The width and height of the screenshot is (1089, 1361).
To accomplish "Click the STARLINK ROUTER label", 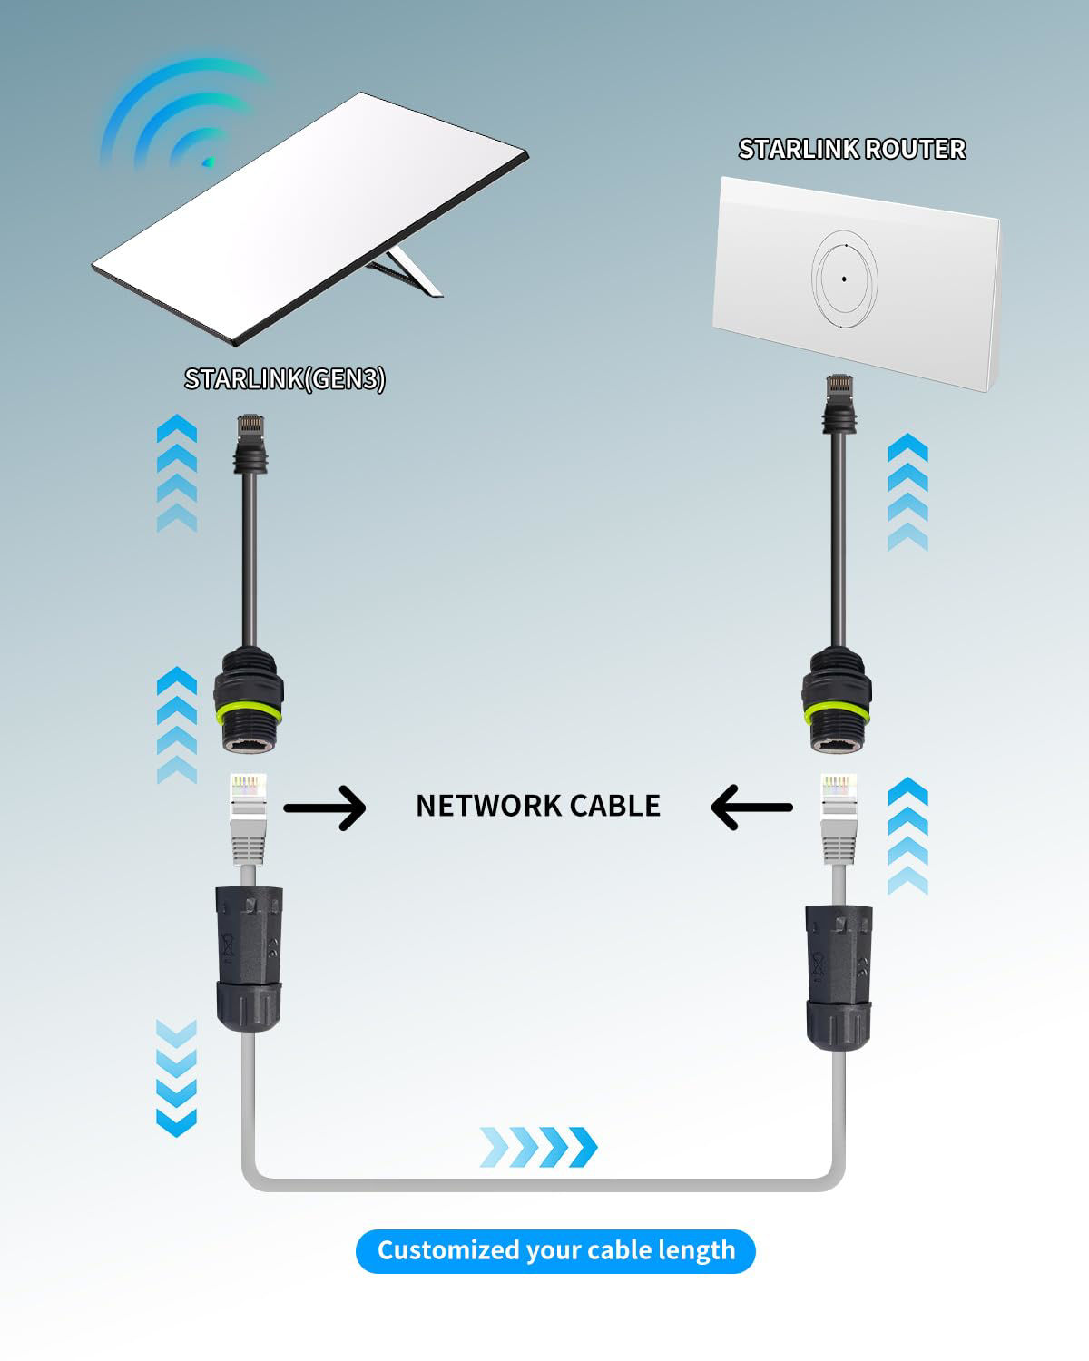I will click(851, 149).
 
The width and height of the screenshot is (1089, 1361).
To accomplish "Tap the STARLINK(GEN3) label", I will click(284, 378).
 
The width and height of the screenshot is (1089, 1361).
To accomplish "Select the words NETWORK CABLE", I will click(537, 806).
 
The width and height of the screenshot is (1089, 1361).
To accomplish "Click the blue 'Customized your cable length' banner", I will click(554, 1250).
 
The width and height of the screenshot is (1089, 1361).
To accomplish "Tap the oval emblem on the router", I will click(844, 279).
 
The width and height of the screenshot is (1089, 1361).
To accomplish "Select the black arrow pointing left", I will click(751, 807).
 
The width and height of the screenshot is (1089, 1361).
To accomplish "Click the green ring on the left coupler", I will click(249, 710).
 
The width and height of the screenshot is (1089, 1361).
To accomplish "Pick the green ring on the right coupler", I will click(836, 710).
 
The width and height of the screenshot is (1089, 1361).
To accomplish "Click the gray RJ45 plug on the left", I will click(247, 817).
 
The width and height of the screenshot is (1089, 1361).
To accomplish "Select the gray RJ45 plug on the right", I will click(838, 817).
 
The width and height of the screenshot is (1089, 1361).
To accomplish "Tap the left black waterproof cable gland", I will click(249, 957).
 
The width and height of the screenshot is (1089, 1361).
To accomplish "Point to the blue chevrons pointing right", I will click(538, 1147).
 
